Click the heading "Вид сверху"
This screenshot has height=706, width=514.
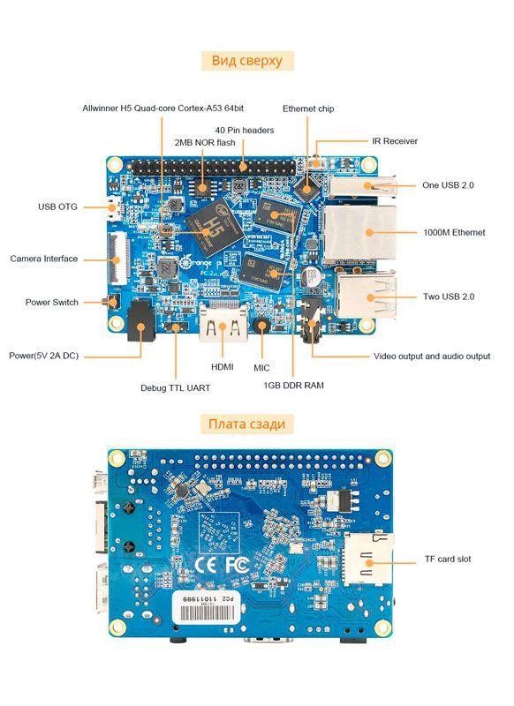pyautogui.click(x=247, y=61)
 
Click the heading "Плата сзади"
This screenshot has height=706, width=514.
pyautogui.click(x=246, y=424)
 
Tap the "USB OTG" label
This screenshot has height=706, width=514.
pyautogui.click(x=57, y=207)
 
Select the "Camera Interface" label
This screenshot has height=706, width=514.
pyautogui.click(x=44, y=259)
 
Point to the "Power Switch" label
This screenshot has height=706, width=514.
pyautogui.click(x=51, y=302)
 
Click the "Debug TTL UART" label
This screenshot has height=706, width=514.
pyautogui.click(x=175, y=387)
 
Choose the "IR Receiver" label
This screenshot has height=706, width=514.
pyautogui.click(x=394, y=140)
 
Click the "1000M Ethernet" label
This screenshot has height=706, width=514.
pyautogui.click(x=455, y=232)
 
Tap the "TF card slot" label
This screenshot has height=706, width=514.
pyautogui.click(x=447, y=560)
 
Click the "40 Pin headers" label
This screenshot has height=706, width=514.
pyautogui.click(x=244, y=130)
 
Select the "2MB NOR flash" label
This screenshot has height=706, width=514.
pyautogui.click(x=206, y=142)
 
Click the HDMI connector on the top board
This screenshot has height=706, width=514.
pyautogui.click(x=223, y=323)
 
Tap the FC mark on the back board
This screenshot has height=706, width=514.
pyautogui.click(x=236, y=562)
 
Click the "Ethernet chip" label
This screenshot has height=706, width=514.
pyautogui.click(x=308, y=109)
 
